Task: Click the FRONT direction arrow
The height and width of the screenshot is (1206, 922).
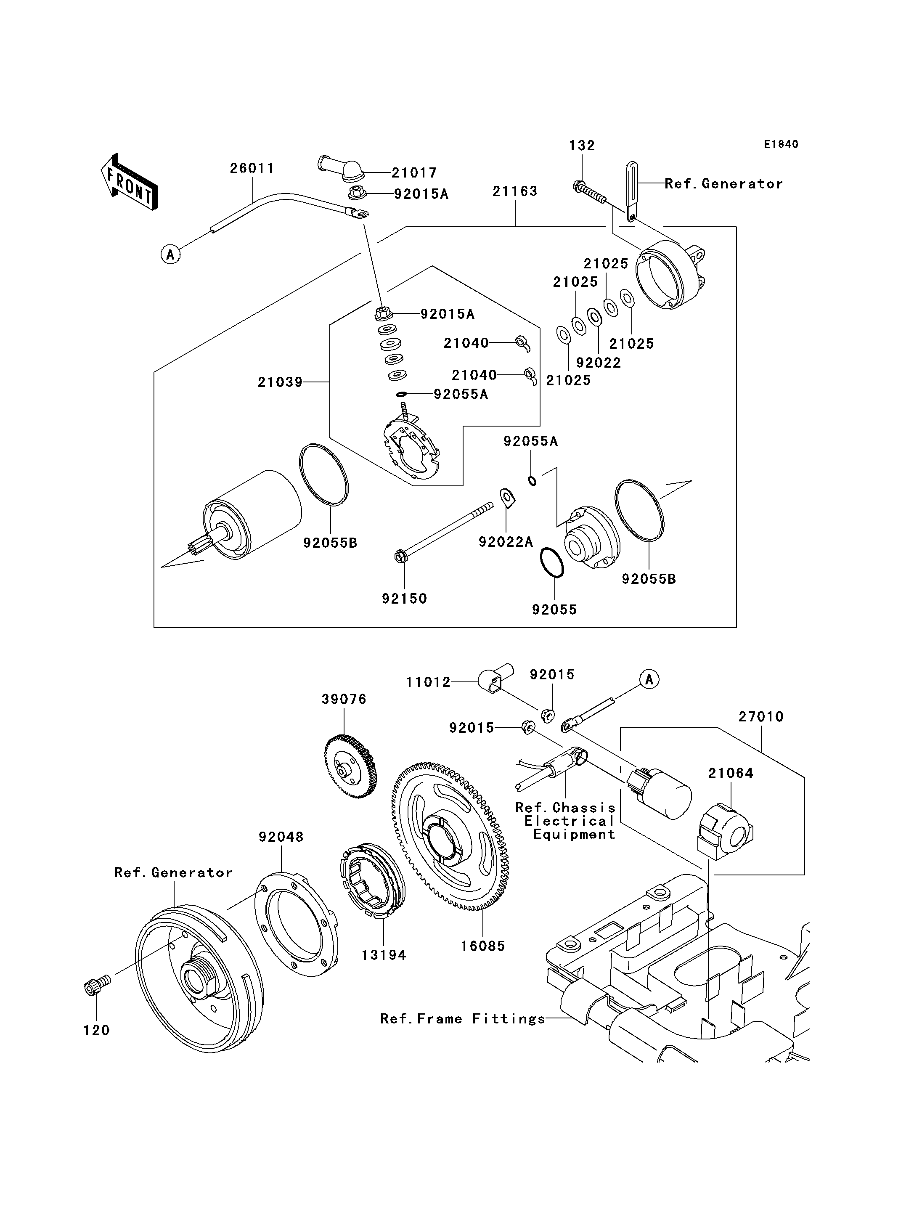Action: click(x=130, y=183)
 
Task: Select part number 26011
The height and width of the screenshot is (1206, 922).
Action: click(x=252, y=169)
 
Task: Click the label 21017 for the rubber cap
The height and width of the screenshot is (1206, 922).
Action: click(x=414, y=173)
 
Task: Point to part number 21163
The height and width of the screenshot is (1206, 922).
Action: click(x=515, y=191)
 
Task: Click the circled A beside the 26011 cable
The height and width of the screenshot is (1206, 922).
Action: click(x=171, y=255)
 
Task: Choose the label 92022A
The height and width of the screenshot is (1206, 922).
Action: click(x=506, y=542)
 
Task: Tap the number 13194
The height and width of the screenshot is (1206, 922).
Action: click(x=384, y=955)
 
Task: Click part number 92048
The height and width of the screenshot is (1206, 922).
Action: click(x=281, y=837)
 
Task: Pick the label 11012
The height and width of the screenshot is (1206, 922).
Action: click(x=428, y=682)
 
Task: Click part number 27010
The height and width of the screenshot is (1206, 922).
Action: click(x=761, y=716)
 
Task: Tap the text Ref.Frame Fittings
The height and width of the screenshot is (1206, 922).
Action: click(x=463, y=1019)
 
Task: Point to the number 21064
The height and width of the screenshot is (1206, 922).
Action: click(x=731, y=774)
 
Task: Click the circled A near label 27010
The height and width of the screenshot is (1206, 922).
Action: click(x=649, y=680)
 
